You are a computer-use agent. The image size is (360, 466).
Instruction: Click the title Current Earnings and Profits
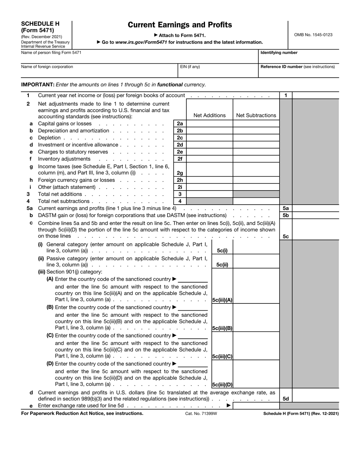click(180, 25)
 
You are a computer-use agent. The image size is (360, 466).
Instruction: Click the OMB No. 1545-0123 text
click(313, 35)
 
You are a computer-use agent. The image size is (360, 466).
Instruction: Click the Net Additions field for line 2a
click(210, 124)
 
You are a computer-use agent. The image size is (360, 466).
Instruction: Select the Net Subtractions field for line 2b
click(256, 131)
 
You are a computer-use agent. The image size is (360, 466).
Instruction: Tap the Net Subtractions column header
click(256, 116)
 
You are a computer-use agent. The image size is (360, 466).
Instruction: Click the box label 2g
click(180, 173)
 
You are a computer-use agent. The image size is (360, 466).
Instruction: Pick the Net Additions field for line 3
click(210, 194)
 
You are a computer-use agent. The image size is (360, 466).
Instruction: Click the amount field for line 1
click(315, 96)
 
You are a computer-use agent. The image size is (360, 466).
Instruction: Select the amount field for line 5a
click(315, 208)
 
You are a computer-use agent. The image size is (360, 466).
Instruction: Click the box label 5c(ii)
click(222, 265)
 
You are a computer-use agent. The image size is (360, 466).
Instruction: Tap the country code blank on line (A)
click(193, 280)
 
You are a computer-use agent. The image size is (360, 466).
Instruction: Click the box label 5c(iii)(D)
click(222, 385)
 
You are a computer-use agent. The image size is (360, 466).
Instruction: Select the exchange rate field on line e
click(256, 406)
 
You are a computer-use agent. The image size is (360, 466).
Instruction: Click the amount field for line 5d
click(315, 399)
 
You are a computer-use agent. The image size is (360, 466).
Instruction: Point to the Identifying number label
click(279, 53)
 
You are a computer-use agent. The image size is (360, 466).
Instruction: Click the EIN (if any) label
click(190, 67)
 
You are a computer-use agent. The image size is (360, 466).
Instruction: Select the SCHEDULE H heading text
click(40, 23)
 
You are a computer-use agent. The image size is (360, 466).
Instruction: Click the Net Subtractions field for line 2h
click(256, 180)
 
